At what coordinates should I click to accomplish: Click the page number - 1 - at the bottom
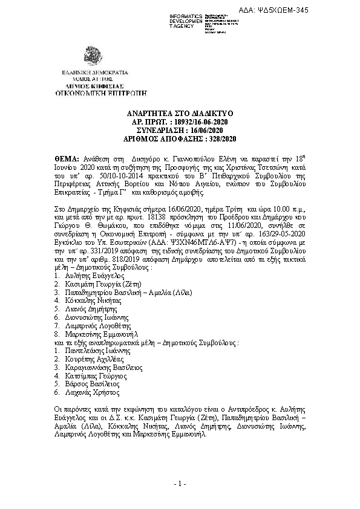180,484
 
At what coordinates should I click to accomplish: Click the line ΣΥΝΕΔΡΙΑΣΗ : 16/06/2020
180,130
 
